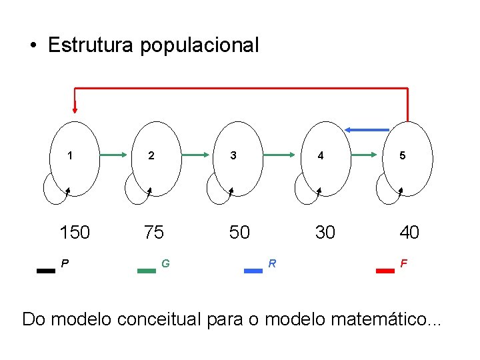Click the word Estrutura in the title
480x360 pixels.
[x=91, y=45]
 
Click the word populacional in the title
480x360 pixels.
[x=199, y=46]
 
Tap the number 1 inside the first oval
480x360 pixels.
[x=71, y=156]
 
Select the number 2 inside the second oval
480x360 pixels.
[x=151, y=156]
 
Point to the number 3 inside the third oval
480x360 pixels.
[x=233, y=156]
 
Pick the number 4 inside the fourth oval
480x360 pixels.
[x=321, y=156]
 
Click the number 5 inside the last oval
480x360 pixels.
[x=402, y=156]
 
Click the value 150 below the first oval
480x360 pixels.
[x=75, y=232]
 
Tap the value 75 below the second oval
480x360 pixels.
[x=153, y=232]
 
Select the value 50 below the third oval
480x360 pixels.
[x=239, y=232]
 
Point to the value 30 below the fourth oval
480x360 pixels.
[x=325, y=232]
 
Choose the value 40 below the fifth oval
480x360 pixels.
[x=409, y=232]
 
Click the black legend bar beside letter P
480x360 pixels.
[x=46, y=271]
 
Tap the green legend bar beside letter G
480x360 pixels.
[x=147, y=271]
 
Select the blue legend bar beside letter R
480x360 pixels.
[x=253, y=271]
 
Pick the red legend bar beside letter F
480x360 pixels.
[x=385, y=271]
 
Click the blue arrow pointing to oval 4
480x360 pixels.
[x=366, y=129]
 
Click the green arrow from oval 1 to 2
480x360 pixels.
[x=115, y=155]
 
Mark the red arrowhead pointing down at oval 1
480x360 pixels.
[x=75, y=108]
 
